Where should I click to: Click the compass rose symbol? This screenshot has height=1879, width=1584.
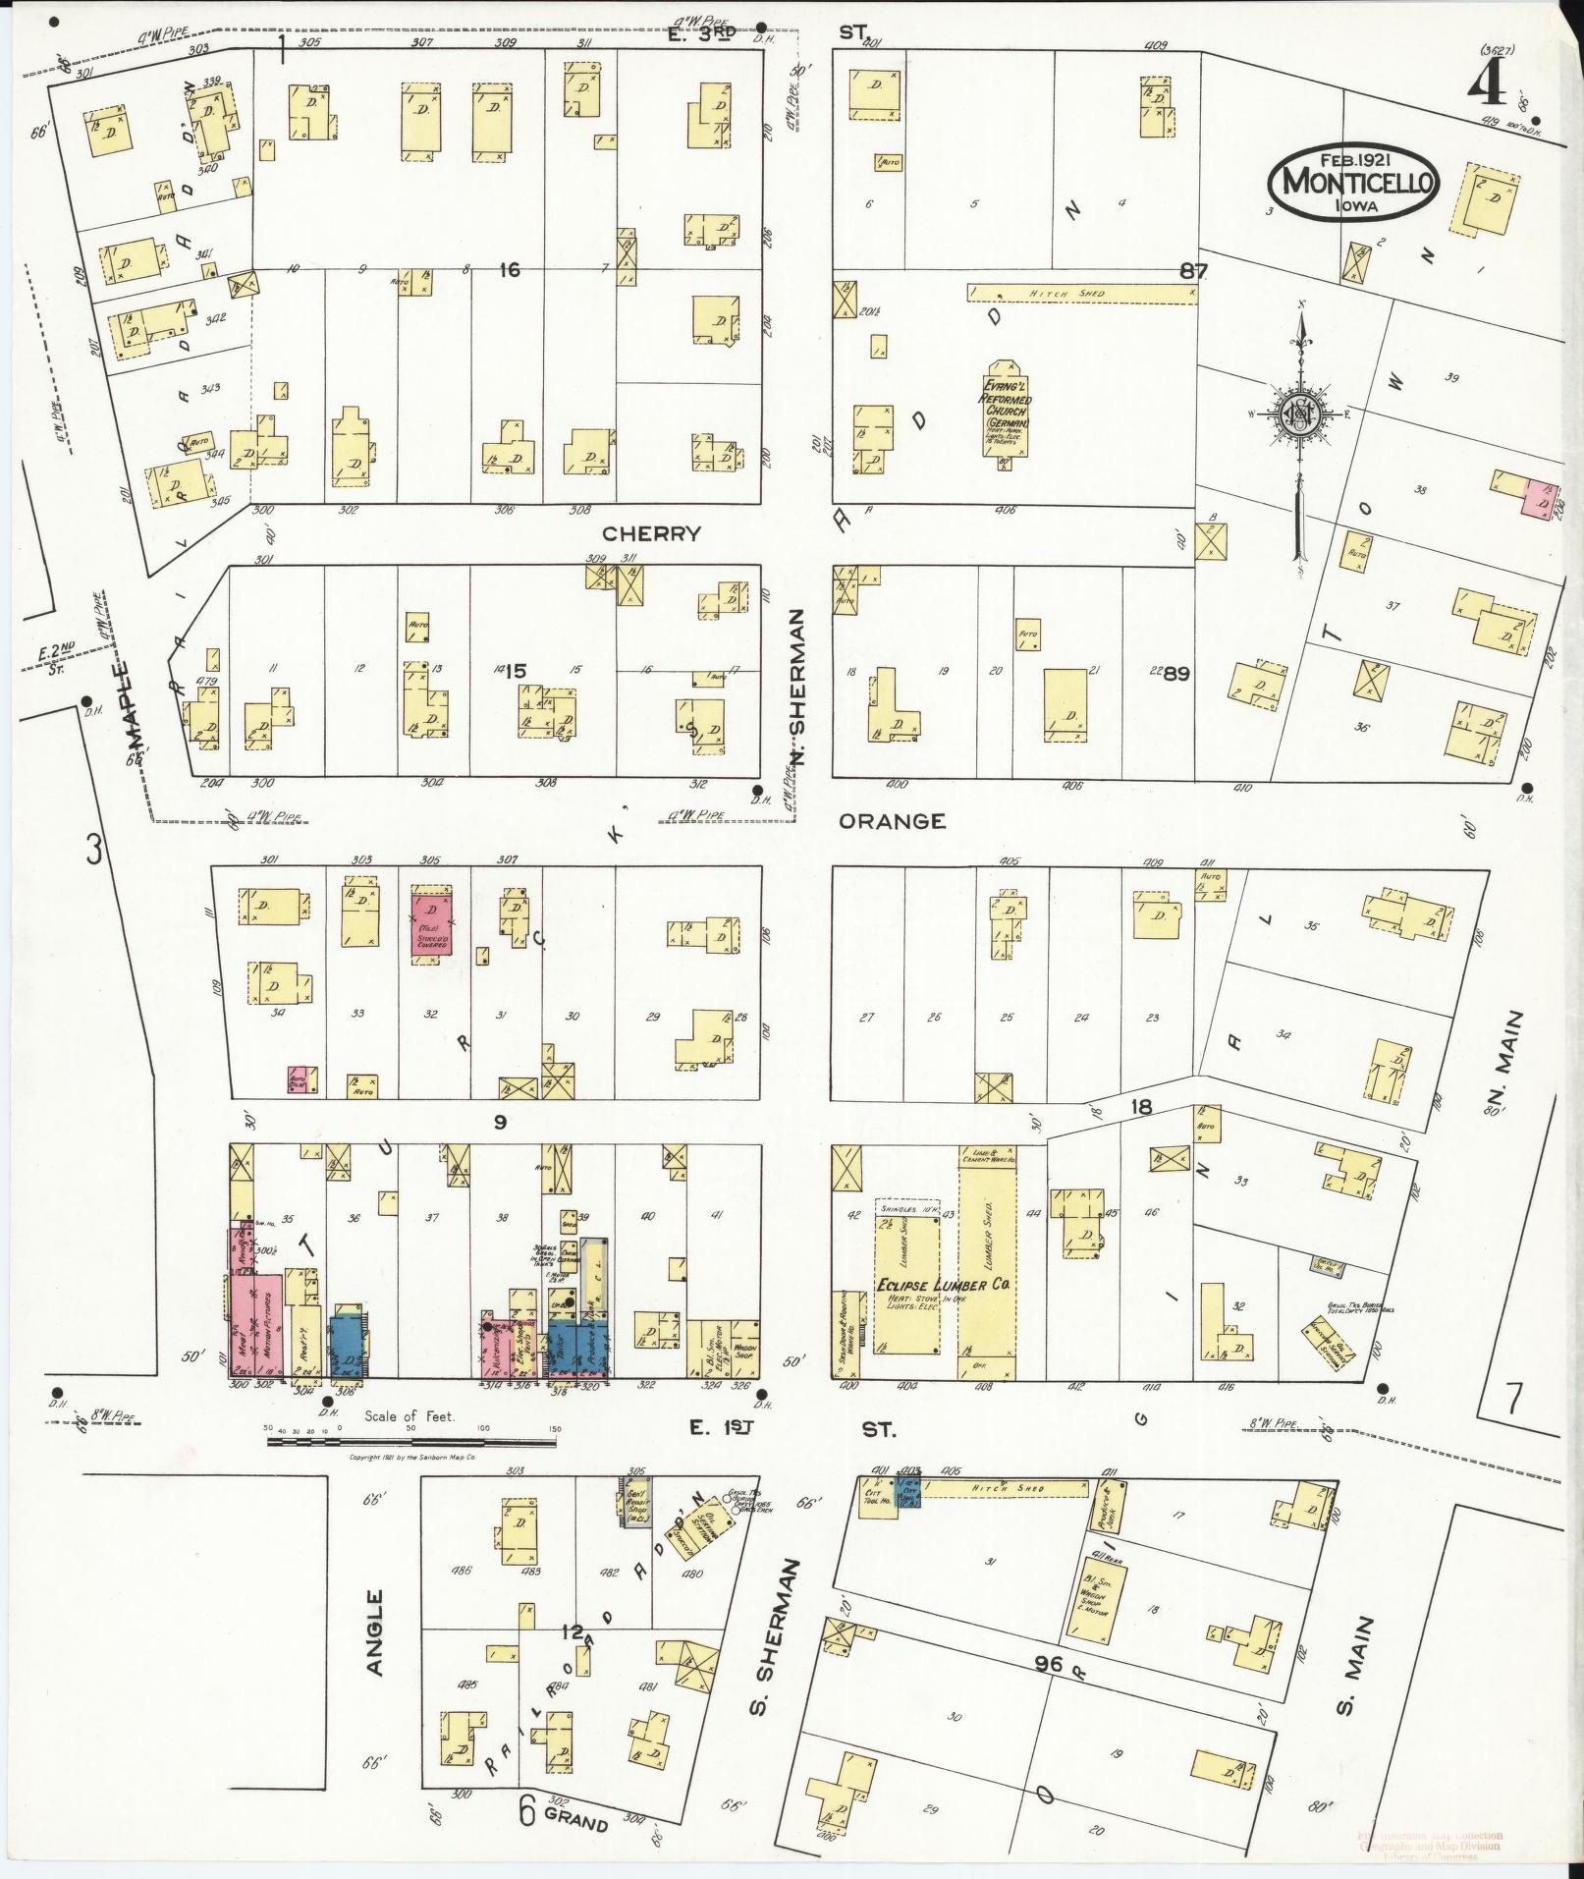1299,414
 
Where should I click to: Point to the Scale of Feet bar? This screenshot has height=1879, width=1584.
410,1441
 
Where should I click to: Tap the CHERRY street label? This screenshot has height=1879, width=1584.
652,533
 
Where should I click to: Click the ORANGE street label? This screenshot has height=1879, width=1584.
892,821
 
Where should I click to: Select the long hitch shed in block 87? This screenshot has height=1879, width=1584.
1081,294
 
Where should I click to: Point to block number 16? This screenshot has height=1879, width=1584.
509,269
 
